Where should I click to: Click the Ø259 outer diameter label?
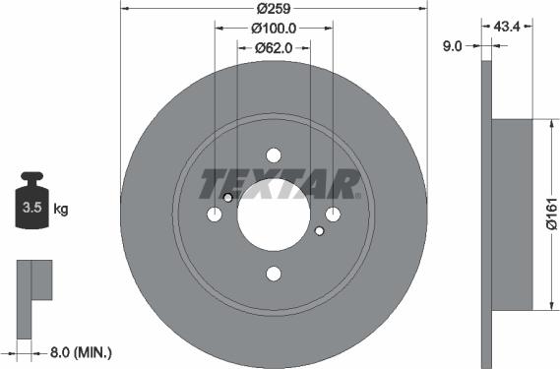(274, 10)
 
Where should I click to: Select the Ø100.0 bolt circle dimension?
(274, 29)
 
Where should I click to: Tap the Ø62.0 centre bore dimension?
(274, 47)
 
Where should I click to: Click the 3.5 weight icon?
(31, 206)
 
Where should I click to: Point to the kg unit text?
(60, 209)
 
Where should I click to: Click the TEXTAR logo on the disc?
(280, 184)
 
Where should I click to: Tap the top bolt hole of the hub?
(274, 155)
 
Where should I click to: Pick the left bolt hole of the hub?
(215, 215)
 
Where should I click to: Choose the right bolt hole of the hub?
(334, 215)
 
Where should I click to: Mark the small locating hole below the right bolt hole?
(320, 232)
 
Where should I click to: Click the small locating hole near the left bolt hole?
(228, 199)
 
